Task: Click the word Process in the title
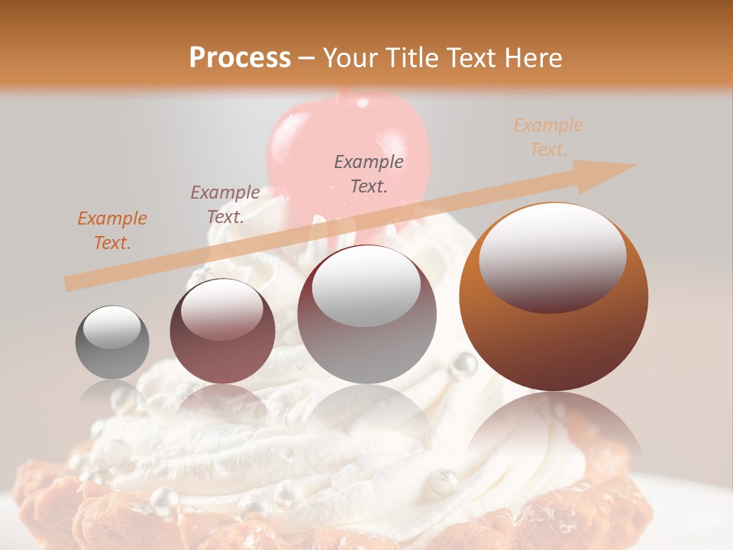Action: [240, 58]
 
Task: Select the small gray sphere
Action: [112, 342]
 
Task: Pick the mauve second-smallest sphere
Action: [222, 331]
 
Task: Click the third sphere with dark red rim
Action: [366, 314]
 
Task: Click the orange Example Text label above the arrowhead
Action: [547, 137]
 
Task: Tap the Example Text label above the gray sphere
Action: [112, 230]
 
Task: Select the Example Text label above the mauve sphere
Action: [224, 204]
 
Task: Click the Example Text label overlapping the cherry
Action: [369, 173]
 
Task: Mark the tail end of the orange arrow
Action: [69, 283]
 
